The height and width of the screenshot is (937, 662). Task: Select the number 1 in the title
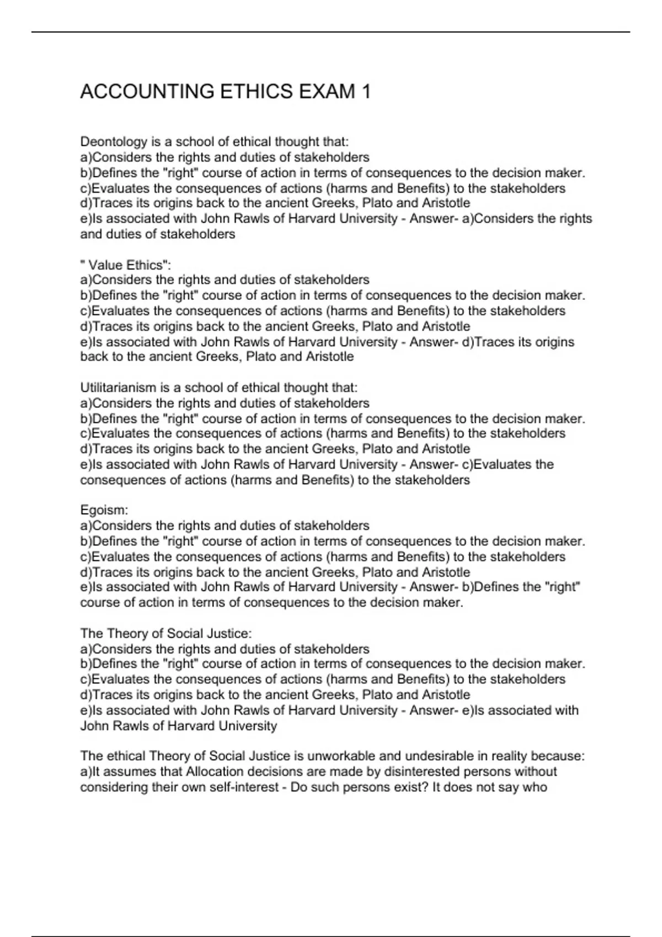(x=365, y=91)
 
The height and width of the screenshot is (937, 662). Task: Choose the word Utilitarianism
(x=118, y=388)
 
